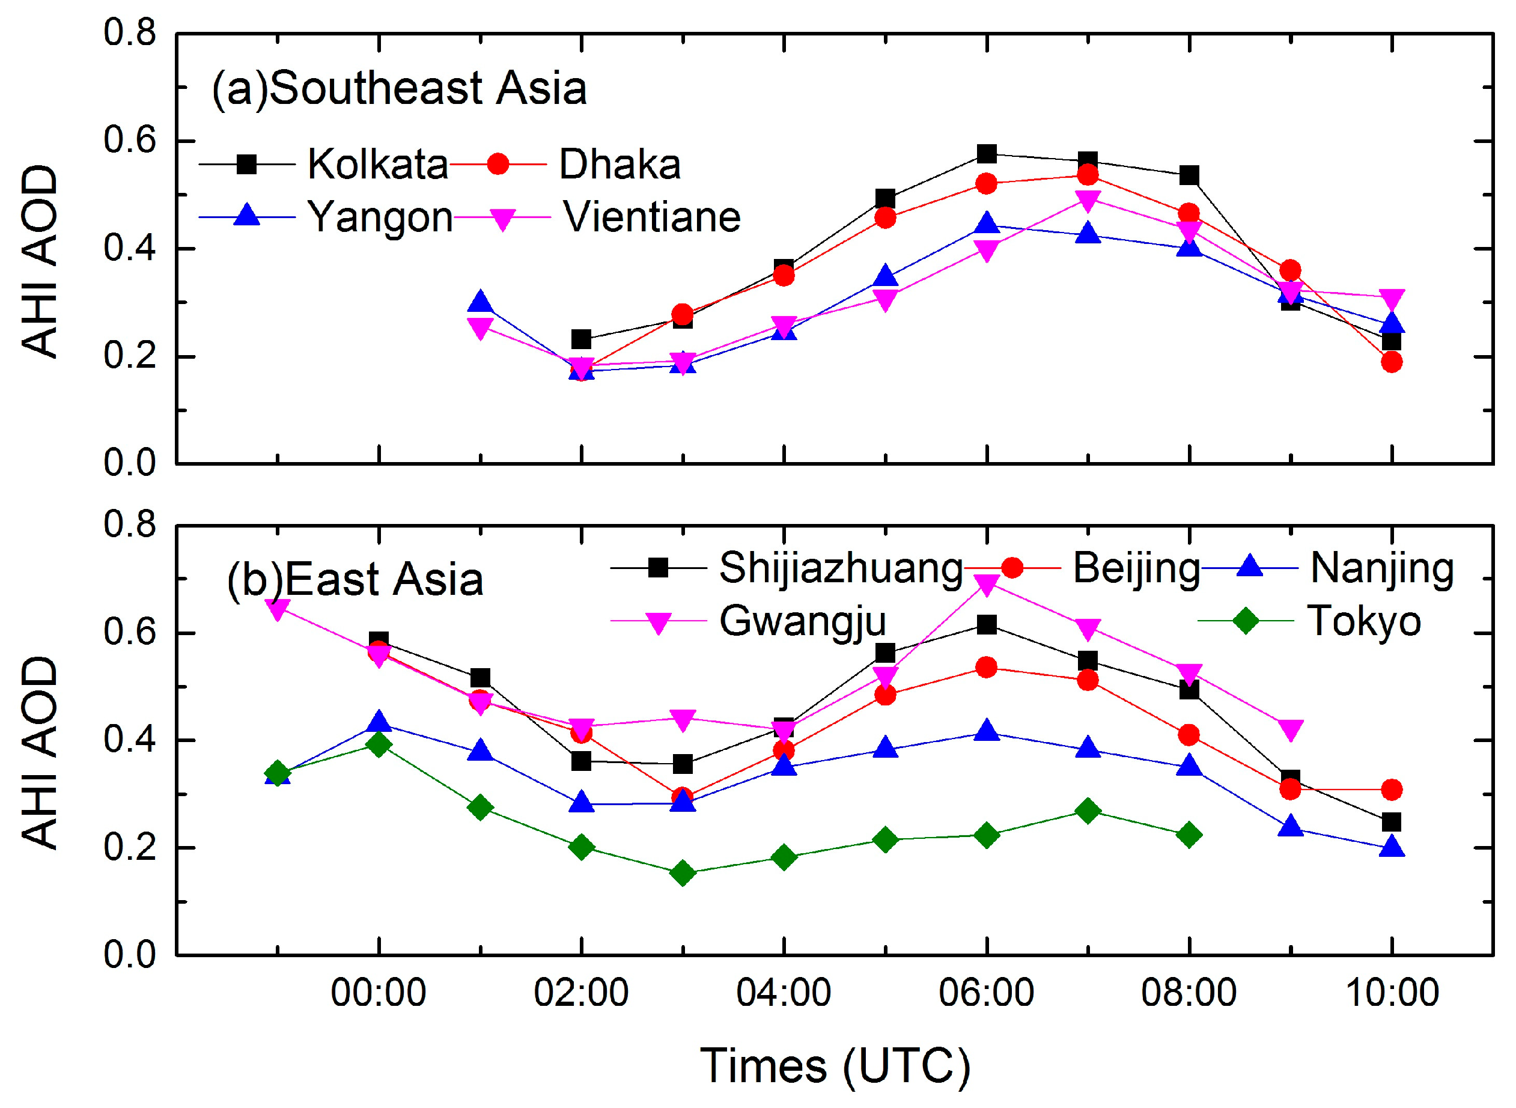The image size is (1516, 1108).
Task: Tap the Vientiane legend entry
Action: pos(651,218)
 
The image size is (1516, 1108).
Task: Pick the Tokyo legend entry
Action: pos(1364,621)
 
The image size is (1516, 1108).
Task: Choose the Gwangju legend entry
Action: pos(802,621)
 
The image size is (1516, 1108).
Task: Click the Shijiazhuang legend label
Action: pos(841,568)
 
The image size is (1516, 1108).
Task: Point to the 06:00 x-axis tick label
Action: pos(985,993)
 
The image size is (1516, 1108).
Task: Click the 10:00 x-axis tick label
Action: pos(1391,993)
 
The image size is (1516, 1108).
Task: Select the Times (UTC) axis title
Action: pos(835,1067)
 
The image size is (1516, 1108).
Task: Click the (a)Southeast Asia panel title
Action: pos(400,88)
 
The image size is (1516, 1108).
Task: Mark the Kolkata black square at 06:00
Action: pos(986,154)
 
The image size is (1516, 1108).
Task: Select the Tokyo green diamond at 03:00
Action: pos(682,873)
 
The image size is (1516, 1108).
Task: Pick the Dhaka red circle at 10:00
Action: pos(1391,362)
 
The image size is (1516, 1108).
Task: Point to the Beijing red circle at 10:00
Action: pos(1391,790)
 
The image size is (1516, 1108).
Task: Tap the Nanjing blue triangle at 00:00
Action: pos(379,722)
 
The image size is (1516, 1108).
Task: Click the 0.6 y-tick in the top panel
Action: pos(129,141)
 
